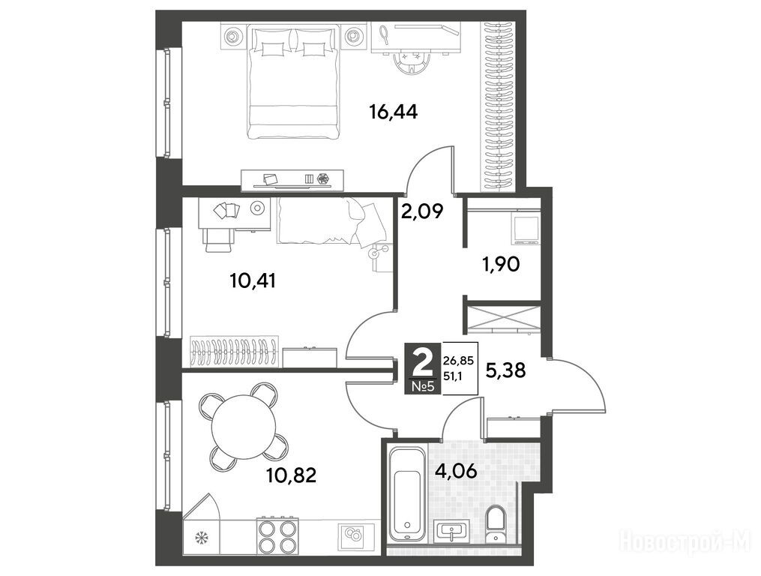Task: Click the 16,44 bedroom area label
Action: click(394, 112)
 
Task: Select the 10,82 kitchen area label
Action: click(291, 475)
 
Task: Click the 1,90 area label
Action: click(500, 264)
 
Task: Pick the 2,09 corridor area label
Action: click(422, 211)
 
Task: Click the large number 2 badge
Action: click(423, 361)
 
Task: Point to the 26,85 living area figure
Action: click(457, 361)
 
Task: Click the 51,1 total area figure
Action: click(453, 376)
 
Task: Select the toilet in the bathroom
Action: click(496, 523)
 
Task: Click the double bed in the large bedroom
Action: click(293, 82)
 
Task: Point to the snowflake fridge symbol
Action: click(199, 538)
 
